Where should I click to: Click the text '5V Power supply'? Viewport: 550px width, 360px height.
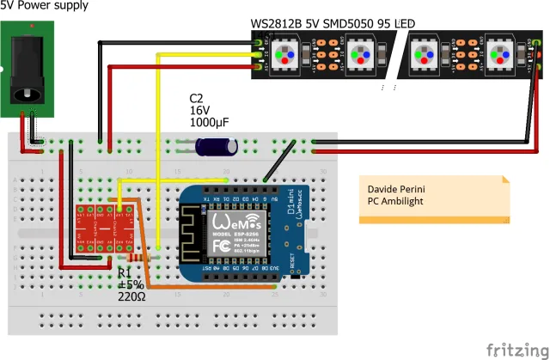[44, 5]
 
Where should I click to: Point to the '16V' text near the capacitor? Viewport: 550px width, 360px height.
[199, 110]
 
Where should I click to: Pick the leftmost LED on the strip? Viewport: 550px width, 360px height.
[283, 55]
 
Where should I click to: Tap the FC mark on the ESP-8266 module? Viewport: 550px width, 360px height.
[220, 246]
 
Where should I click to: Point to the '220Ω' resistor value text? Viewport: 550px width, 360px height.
[135, 297]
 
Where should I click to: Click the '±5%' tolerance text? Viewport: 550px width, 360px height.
[131, 285]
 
